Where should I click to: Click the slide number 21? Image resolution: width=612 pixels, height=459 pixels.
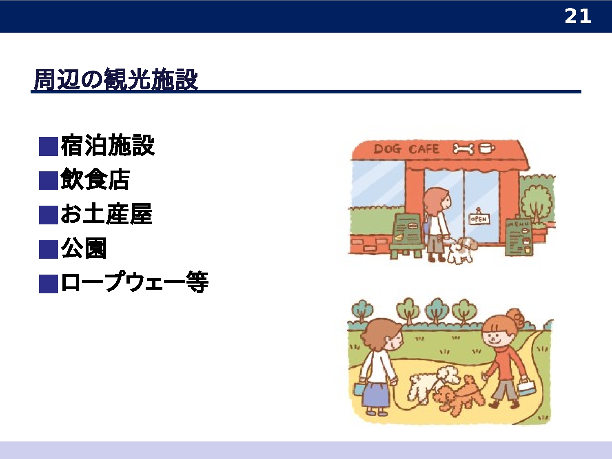point(577,16)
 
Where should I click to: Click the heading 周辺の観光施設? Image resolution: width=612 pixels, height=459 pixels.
point(116,80)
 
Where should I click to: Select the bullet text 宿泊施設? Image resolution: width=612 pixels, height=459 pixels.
point(108,145)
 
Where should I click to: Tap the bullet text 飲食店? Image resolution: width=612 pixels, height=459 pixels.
point(95,180)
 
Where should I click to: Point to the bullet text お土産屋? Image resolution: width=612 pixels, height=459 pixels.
point(106,214)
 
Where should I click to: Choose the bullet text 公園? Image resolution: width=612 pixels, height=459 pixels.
point(84,248)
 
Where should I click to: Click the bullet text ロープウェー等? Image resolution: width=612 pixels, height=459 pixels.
point(135,282)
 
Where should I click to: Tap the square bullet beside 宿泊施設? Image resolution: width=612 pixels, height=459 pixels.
point(49,146)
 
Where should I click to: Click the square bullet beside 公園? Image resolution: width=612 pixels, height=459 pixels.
point(49,249)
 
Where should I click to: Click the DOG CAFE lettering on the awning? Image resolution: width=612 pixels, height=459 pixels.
point(406,149)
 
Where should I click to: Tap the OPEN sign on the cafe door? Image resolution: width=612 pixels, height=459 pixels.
point(479,219)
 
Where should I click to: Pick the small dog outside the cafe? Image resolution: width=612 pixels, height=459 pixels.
point(461,250)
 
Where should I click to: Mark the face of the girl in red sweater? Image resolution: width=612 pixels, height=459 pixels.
point(495,339)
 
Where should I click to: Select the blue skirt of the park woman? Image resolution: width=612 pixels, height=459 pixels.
point(375,395)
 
